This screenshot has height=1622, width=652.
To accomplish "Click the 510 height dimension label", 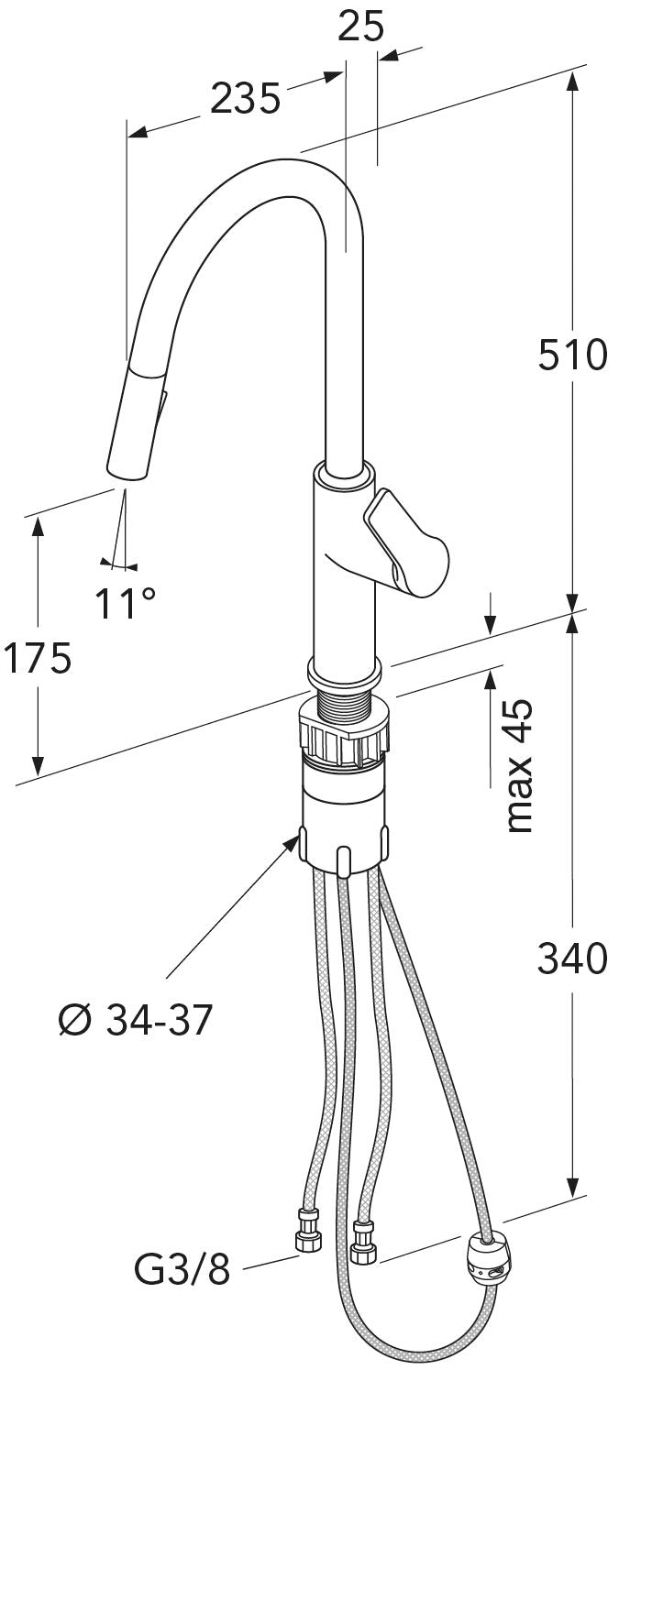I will coord(572,355).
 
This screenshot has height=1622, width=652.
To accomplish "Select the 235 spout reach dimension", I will coord(245,98).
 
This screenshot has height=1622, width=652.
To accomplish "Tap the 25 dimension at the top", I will coord(359,28).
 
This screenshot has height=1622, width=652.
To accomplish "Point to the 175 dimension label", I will coord(38,658).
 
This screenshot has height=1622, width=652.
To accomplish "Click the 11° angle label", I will coord(125,603).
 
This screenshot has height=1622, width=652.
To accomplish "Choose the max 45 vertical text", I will coord(519,765).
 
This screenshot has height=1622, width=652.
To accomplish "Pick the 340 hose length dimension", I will coord(572,959).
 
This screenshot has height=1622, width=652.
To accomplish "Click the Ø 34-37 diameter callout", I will coord(135,1019).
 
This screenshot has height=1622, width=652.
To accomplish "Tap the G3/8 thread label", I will coord(182,1271).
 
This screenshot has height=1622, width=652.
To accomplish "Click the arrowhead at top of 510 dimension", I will coord(573,81).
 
